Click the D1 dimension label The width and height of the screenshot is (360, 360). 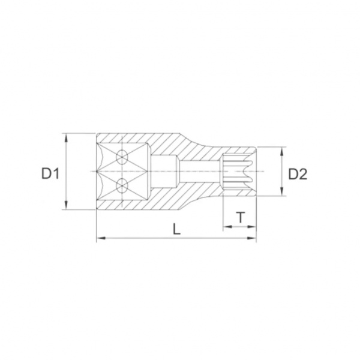[50, 173]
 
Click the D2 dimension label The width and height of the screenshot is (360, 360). [298, 174]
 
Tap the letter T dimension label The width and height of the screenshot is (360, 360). [241, 217]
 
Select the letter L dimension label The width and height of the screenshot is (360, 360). [176, 229]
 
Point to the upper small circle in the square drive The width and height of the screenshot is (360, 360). [122, 157]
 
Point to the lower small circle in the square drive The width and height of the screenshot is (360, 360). [122, 185]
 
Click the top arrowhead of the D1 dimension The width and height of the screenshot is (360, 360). [66, 138]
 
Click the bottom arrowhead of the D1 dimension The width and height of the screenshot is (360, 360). [66, 205]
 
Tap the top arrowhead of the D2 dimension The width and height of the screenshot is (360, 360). [282, 152]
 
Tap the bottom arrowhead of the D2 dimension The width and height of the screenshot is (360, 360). [282, 191]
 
